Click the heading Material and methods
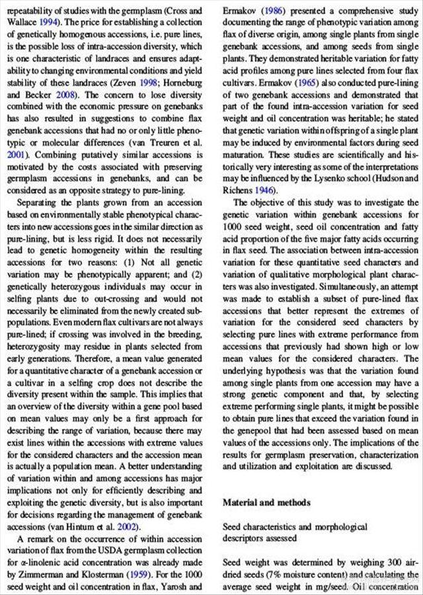point(266,502)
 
